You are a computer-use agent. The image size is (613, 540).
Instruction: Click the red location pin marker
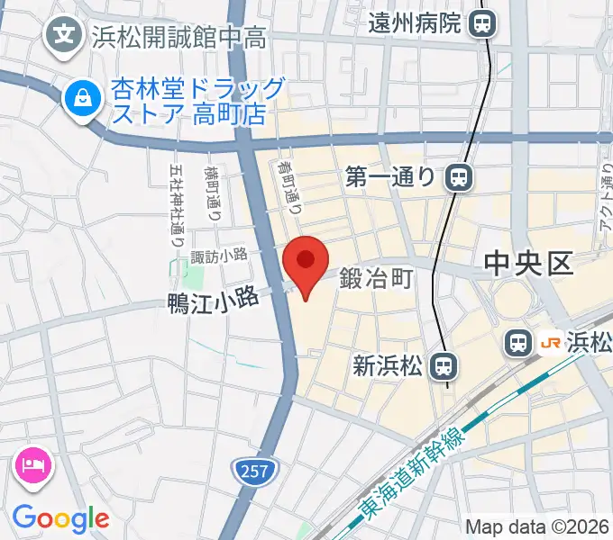pos(305,263)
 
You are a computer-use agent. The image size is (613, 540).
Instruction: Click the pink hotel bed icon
pos(33,464)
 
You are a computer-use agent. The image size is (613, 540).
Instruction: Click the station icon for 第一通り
pos(460,177)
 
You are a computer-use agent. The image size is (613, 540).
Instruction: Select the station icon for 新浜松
pos(441,365)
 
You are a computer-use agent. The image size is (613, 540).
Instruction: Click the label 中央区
pos(528,263)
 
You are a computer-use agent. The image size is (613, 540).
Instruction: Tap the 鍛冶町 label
pos(376,280)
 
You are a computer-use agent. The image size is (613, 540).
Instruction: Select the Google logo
pos(61,517)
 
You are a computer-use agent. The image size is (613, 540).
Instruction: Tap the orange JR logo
pos(549,342)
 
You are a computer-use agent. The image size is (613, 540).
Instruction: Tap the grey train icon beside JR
pos(517,342)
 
